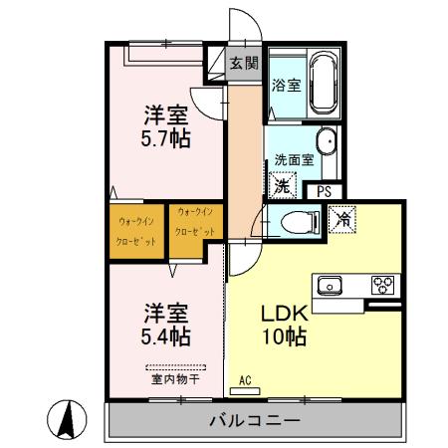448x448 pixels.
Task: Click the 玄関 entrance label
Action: pyautogui.click(x=244, y=62)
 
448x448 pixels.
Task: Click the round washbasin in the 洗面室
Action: pyautogui.click(x=325, y=140)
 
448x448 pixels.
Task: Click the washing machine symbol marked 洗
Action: pyautogui.click(x=283, y=185)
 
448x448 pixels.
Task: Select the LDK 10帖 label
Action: pyautogui.click(x=284, y=325)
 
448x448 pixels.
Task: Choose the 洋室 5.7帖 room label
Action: pyautogui.click(x=166, y=126)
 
